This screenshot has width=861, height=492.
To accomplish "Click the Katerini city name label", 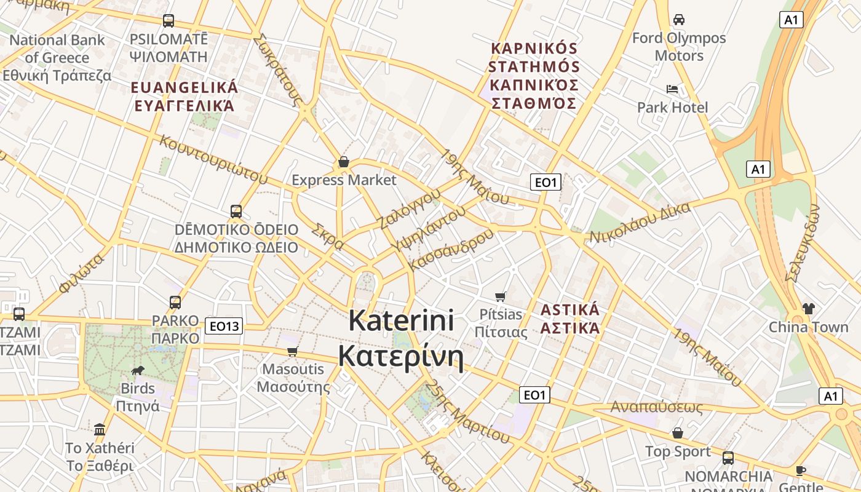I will (401, 338).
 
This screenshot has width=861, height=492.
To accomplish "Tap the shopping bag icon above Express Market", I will (344, 162).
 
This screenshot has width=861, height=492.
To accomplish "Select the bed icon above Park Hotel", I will (672, 89).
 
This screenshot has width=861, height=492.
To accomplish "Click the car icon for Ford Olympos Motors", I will (679, 20).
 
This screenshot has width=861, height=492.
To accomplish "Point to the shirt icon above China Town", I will (808, 308).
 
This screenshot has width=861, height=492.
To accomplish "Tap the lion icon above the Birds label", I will (138, 370).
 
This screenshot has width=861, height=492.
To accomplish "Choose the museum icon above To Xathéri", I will (100, 429).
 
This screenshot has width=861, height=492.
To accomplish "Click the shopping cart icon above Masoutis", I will (293, 351).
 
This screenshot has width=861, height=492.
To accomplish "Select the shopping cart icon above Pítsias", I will (501, 296).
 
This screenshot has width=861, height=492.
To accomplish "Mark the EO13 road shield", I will (224, 326).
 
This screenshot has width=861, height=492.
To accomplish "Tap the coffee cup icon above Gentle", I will (800, 470).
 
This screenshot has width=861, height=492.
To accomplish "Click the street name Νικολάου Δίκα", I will (640, 223).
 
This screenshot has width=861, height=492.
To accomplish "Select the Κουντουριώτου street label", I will (213, 159).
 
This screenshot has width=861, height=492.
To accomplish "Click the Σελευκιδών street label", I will (803, 243).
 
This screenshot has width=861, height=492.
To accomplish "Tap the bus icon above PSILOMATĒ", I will (169, 21).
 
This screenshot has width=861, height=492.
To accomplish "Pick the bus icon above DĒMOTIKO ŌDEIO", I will (236, 212).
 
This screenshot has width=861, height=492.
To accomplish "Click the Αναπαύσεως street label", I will (656, 407).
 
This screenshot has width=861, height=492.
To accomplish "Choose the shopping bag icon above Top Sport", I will (677, 433).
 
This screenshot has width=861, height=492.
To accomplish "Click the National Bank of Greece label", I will (57, 58).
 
